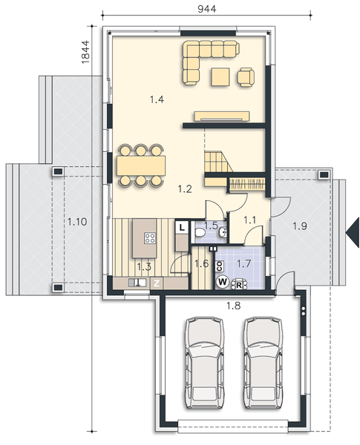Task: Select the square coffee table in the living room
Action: (x=220, y=76)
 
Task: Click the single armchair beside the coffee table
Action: (x=246, y=76)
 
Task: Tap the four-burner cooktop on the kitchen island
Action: (x=149, y=239)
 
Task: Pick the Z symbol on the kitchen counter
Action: (x=157, y=283)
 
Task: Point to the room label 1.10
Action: (x=76, y=222)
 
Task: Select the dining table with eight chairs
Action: (x=140, y=164)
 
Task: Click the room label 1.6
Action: (x=200, y=262)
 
